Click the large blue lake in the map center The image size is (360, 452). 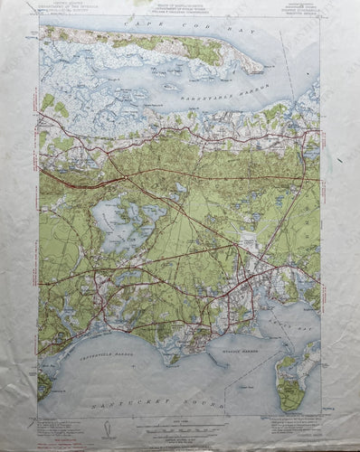pyautogui.click(x=113, y=221)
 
